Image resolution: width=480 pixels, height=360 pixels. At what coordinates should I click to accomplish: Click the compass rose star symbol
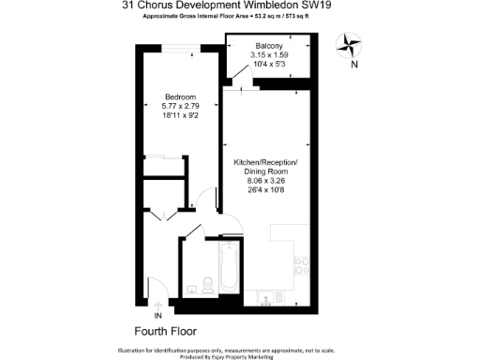pyautogui.click(x=352, y=43)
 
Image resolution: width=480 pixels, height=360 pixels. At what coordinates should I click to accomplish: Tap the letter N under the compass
pyautogui.click(x=352, y=66)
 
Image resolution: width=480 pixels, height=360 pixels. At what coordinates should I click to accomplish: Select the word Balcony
pyautogui.click(x=270, y=46)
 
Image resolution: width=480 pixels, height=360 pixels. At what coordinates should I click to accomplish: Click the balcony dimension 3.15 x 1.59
pyautogui.click(x=270, y=55)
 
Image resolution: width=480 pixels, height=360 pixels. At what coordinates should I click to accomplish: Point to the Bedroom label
pyautogui.click(x=180, y=97)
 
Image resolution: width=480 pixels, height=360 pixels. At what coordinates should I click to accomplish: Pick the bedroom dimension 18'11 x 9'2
pyautogui.click(x=180, y=115)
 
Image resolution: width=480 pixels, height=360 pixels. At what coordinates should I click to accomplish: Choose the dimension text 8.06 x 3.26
pyautogui.click(x=265, y=181)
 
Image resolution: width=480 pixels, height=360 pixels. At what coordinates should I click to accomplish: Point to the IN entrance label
pyautogui.click(x=157, y=317)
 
